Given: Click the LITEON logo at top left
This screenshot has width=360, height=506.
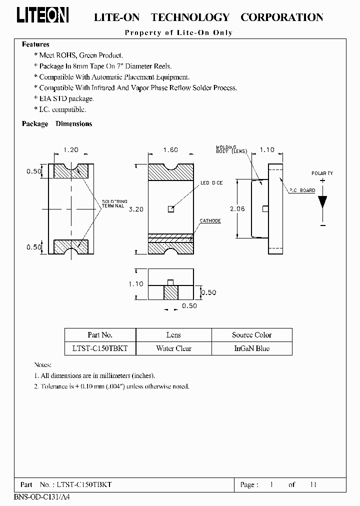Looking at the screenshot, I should click(43, 17).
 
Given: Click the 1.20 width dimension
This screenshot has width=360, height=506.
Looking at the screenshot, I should click(71, 149).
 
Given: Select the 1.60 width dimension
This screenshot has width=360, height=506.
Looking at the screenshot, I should click(171, 149).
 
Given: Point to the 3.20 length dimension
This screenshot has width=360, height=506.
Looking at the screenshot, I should click(136, 209).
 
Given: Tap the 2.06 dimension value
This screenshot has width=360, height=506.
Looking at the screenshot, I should click(237, 209).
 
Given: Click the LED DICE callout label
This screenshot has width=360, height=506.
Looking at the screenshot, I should click(211, 183).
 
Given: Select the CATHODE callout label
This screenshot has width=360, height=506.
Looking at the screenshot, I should click(210, 220).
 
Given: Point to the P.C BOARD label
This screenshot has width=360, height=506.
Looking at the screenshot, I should click(301, 190).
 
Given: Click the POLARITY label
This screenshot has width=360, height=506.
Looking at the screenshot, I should click(322, 173).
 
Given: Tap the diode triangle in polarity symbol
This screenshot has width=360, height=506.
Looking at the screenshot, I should click(322, 201).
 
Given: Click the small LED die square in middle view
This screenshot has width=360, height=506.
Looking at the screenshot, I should click(171, 209).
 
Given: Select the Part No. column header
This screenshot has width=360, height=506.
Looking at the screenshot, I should click(100, 335).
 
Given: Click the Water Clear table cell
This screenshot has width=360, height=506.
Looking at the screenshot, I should click(173, 348).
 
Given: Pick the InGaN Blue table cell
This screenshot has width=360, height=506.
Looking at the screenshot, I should click(251, 348).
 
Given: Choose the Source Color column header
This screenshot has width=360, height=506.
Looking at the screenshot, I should click(251, 335).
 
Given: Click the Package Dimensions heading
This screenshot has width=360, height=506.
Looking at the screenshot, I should click(57, 124).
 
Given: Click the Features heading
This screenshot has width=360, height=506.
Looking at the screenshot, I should click(35, 44).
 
